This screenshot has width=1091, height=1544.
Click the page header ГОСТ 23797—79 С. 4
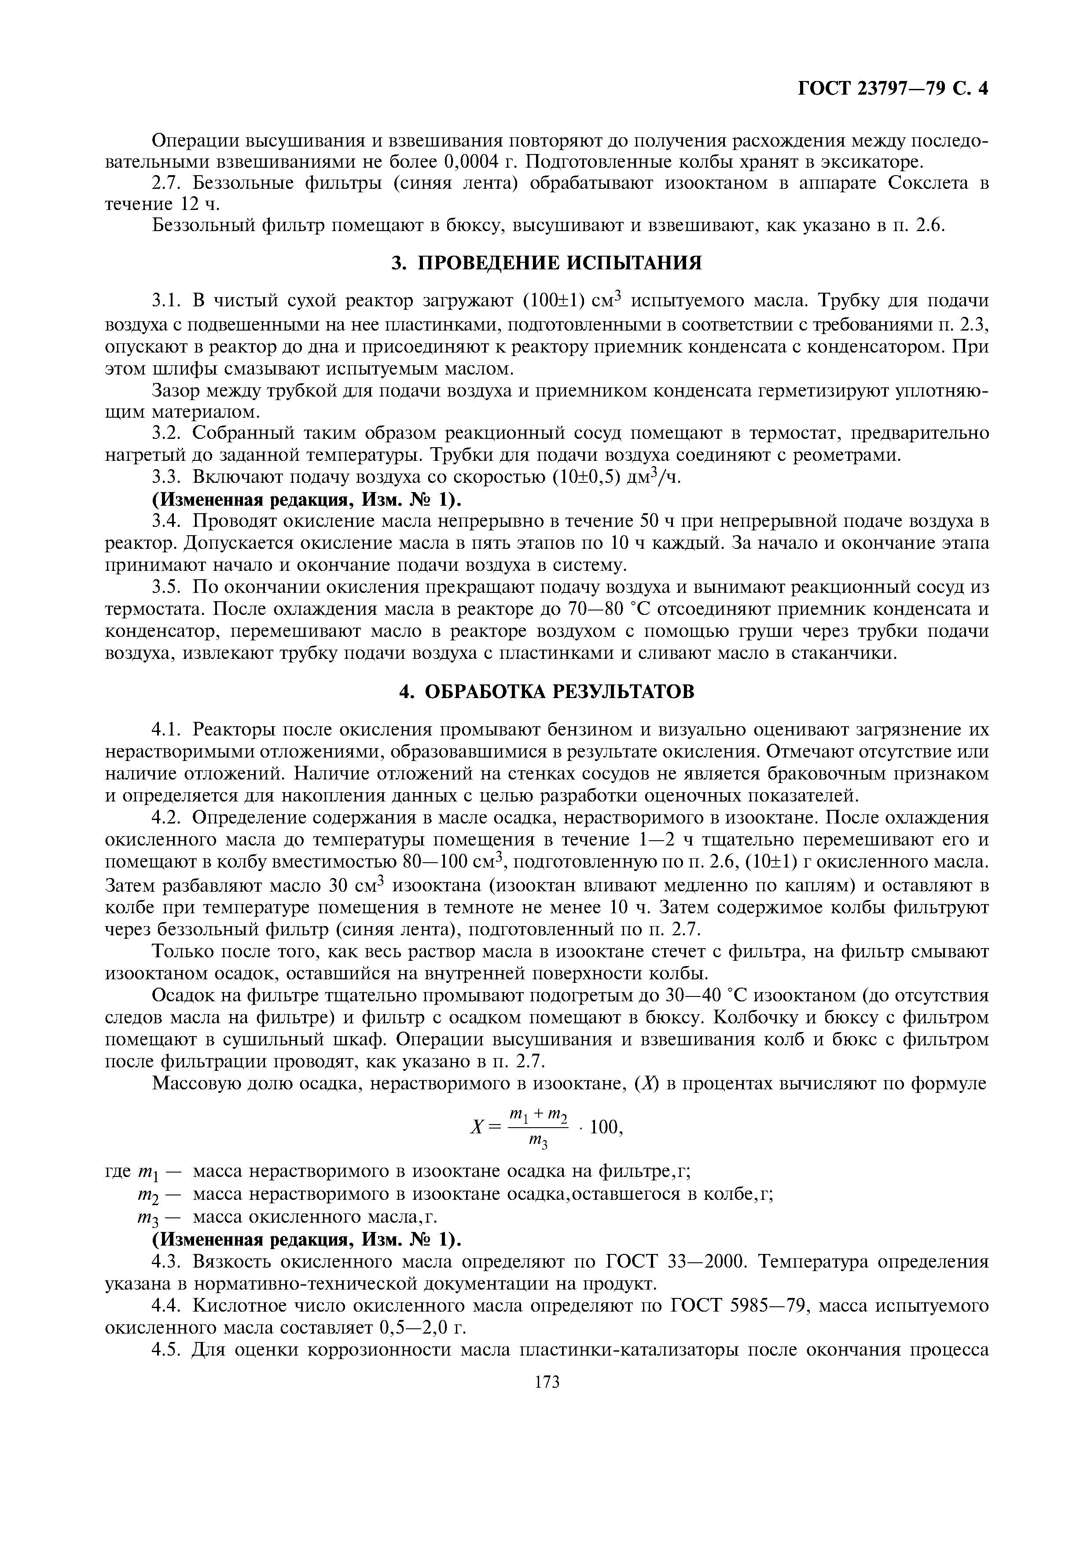coord(892,88)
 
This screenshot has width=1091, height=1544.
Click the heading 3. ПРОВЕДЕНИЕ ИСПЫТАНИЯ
coord(546,262)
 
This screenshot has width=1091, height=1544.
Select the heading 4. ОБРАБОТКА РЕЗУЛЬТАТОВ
coord(546,691)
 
